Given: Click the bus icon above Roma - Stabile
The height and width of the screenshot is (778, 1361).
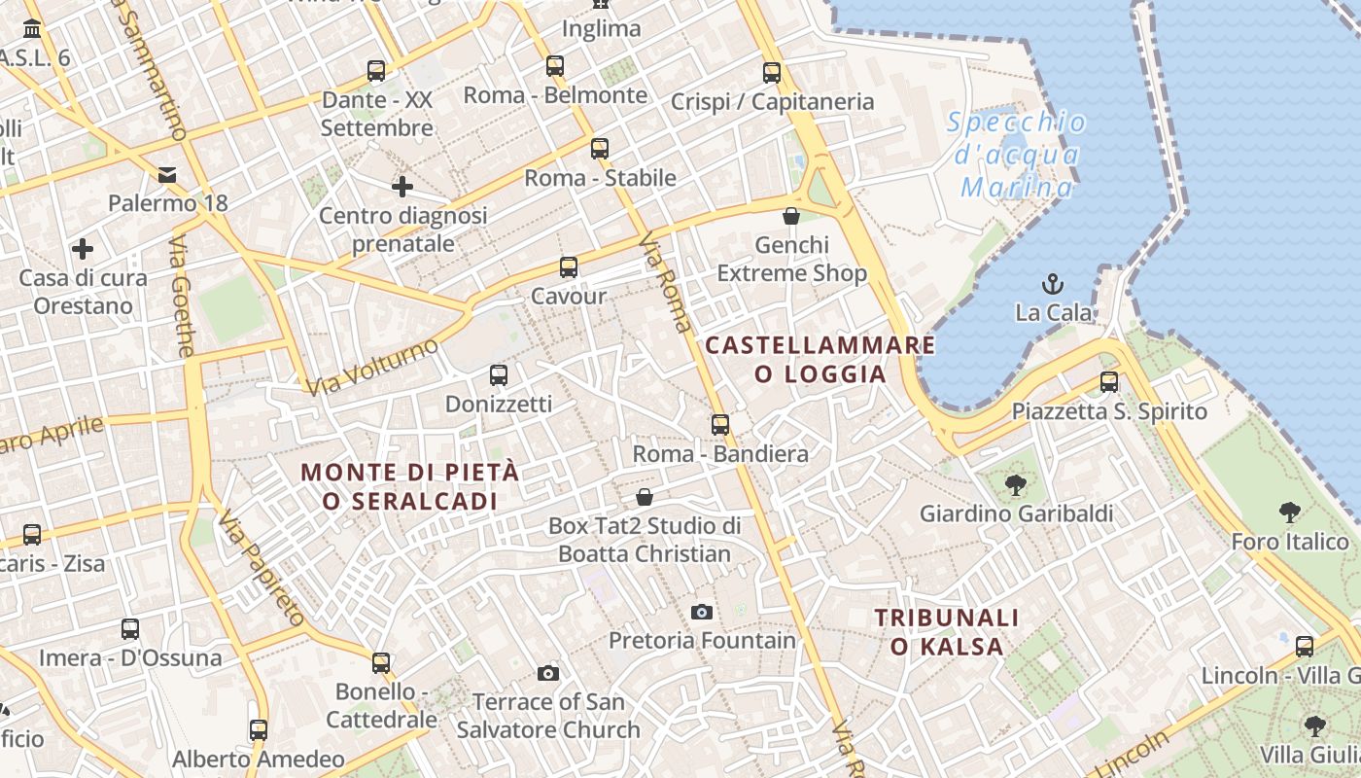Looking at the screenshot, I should [x=600, y=149].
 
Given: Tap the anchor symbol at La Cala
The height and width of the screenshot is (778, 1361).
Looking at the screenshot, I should [x=1052, y=284].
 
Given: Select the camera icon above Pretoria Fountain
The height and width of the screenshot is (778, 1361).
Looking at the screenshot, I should [x=701, y=612].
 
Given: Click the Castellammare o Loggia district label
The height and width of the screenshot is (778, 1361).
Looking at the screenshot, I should [x=820, y=359].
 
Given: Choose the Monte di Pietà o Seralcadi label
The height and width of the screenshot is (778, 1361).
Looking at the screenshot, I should [x=409, y=486].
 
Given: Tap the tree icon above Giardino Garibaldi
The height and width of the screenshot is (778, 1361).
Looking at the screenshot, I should [x=1016, y=483].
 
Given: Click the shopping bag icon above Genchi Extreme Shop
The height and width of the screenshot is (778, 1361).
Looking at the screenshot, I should [x=791, y=216].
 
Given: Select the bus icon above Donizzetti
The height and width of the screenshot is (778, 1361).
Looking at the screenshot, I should [x=499, y=374].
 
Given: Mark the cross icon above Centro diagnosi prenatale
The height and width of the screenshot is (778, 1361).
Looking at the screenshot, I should [x=402, y=186].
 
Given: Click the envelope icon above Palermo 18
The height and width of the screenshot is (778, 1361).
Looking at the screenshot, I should [x=167, y=175].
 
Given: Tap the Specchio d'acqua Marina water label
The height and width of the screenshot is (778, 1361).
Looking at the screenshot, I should [x=1017, y=155].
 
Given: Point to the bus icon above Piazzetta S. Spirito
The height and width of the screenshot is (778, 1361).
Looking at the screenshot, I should [x=1109, y=382].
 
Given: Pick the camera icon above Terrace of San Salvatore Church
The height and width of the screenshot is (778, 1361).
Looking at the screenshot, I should [x=548, y=673].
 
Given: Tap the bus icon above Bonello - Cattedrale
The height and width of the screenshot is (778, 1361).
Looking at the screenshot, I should [x=381, y=663].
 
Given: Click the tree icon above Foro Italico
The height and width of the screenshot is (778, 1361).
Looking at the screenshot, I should [x=1290, y=513].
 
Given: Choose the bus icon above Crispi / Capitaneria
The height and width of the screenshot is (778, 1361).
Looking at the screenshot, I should [x=772, y=72].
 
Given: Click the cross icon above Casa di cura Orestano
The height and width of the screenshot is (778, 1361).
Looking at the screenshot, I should [x=84, y=249].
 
